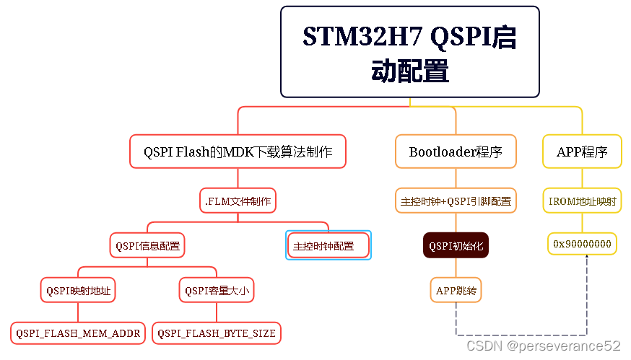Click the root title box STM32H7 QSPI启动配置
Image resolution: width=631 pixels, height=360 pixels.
point(409,52)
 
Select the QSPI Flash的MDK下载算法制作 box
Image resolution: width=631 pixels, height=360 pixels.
point(238,152)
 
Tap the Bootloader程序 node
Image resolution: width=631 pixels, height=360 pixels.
point(456,152)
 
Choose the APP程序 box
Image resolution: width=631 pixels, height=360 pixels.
point(582,152)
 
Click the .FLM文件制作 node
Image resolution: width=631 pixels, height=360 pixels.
point(238,201)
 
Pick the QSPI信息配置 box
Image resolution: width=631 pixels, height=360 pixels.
point(148,245)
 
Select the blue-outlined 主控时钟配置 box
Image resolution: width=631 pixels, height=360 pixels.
point(328,245)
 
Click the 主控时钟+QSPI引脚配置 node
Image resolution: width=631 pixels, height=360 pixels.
point(456,201)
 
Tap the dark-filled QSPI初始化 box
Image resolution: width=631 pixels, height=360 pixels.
point(456,245)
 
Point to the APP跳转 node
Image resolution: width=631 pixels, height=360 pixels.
point(456,291)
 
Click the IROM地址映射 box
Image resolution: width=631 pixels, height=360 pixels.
point(582,201)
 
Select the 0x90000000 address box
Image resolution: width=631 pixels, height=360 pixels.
point(582,244)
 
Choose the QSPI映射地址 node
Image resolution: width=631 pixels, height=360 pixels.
point(78,291)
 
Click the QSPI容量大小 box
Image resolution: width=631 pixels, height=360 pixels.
point(217,291)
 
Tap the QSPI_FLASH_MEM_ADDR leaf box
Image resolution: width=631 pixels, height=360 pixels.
point(78,333)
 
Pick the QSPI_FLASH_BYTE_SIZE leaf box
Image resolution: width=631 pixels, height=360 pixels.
point(217,333)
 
